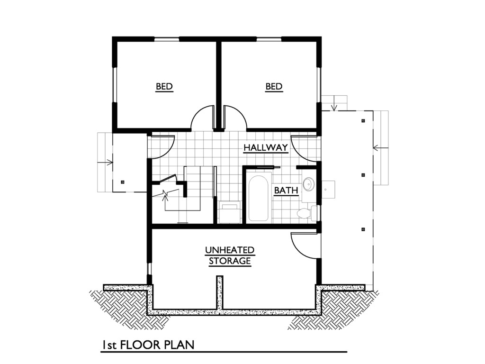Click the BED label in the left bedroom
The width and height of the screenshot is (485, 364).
(164, 87)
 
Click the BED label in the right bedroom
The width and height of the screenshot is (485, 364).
(274, 87)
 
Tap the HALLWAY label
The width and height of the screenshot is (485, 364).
(266, 148)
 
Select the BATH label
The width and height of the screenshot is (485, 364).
(287, 191)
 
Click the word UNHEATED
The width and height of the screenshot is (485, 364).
(230, 250)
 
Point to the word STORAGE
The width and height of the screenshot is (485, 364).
(230, 261)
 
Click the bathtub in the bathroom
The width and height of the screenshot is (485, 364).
(258, 198)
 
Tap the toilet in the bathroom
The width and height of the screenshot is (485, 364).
(305, 213)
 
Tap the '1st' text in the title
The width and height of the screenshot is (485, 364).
(109, 345)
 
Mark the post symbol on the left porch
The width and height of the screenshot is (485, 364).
(122, 182)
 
